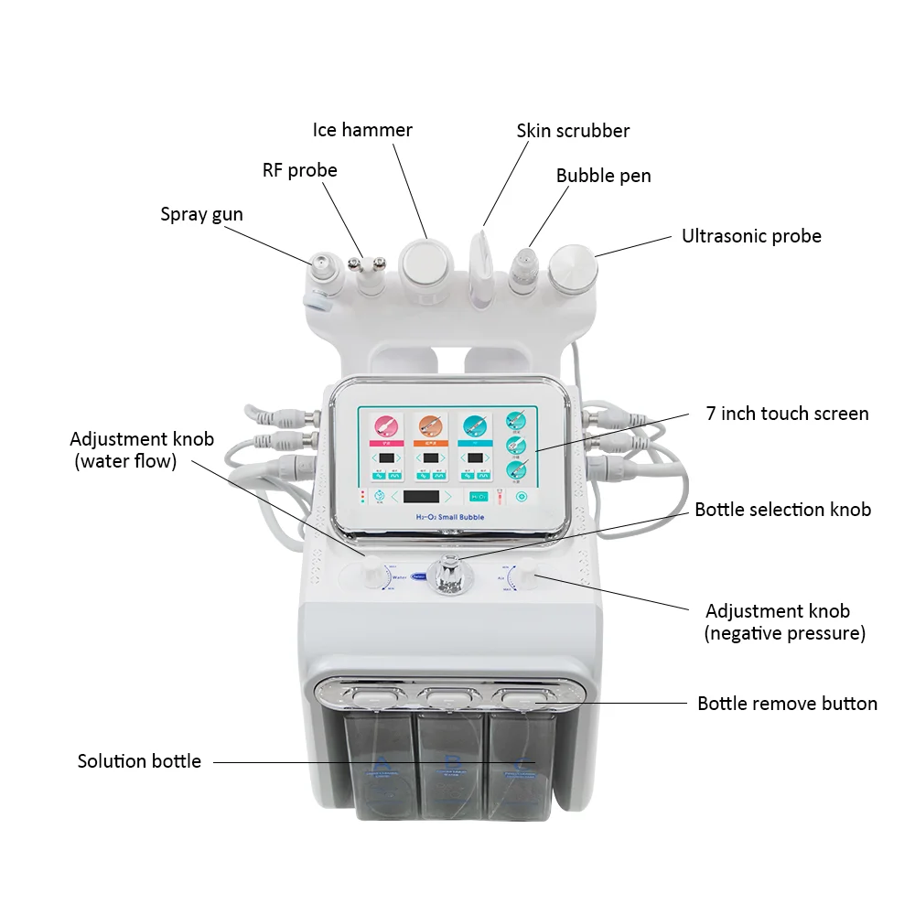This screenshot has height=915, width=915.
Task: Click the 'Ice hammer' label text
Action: coord(362,130)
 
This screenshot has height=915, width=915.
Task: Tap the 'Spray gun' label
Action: coord(201,214)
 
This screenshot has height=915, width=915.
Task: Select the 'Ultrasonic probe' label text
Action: coord(751,236)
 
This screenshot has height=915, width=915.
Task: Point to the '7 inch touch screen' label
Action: coord(787,414)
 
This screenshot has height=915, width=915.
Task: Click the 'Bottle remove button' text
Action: coord(787,704)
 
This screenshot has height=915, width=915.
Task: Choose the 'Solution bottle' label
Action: coord(139,761)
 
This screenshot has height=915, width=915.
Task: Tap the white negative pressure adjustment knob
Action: coord(527,576)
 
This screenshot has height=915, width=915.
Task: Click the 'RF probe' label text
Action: coord(300,170)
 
